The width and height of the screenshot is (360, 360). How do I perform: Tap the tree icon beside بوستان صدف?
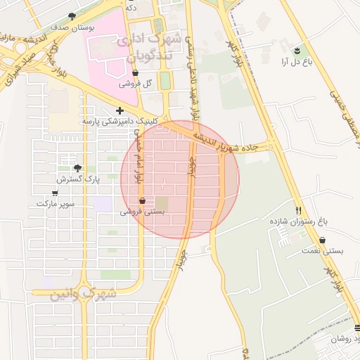click(72, 15)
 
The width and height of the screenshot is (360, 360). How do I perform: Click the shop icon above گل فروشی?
click(135, 72)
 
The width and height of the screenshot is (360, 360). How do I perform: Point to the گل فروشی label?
click(136, 84)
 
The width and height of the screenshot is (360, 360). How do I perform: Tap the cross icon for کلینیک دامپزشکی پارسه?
click(120, 110)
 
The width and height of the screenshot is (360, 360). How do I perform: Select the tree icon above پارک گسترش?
click(77, 168)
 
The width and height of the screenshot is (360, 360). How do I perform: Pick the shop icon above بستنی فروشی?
click(143, 200)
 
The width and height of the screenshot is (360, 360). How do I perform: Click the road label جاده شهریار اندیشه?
click(229, 143)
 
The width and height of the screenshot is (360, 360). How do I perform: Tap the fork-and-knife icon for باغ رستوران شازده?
click(300, 210)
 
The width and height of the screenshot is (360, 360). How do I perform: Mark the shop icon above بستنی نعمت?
click(322, 240)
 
